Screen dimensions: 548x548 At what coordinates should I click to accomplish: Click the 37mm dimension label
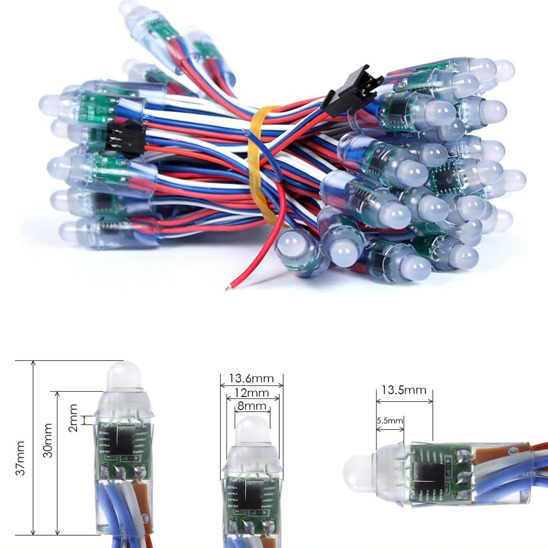(x=21, y=458)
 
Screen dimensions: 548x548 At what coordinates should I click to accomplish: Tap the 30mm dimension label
(x=48, y=440)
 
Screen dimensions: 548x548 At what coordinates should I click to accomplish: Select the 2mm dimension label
(x=73, y=418)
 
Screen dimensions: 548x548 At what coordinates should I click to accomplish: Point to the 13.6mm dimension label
(x=251, y=378)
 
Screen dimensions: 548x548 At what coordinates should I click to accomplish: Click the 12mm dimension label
(x=252, y=393)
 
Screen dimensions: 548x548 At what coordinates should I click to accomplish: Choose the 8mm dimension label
(x=252, y=406)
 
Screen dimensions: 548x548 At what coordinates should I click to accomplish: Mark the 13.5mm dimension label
(x=404, y=390)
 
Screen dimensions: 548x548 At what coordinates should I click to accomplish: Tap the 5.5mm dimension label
(x=390, y=421)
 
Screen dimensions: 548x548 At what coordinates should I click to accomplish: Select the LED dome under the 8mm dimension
(x=252, y=432)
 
